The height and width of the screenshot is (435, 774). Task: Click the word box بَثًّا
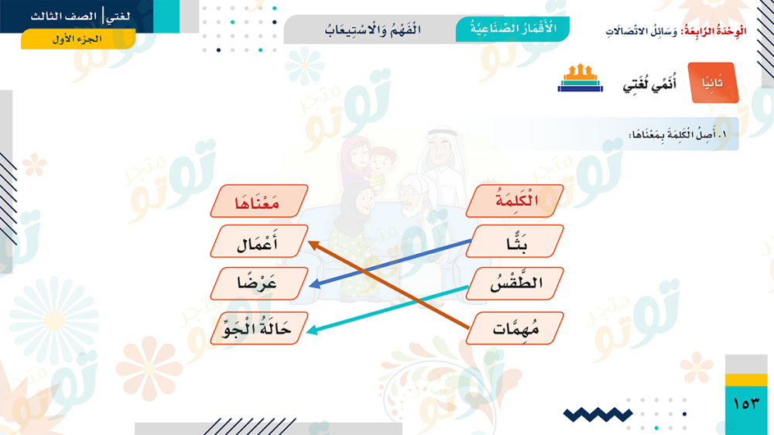click(x=515, y=241)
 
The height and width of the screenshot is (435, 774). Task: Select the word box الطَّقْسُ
click(x=515, y=283)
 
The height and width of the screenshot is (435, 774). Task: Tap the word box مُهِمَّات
click(x=515, y=328)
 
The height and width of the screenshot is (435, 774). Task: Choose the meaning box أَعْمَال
click(x=259, y=241)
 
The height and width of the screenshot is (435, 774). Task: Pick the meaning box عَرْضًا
click(x=259, y=283)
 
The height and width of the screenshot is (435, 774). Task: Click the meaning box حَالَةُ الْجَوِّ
click(x=259, y=328)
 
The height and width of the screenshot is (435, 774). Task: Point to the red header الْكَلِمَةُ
click(x=515, y=201)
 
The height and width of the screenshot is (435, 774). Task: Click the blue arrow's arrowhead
click(x=314, y=284)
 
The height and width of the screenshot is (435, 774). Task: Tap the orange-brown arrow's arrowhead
click(x=313, y=245)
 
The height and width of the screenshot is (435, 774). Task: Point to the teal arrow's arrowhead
click(x=313, y=330)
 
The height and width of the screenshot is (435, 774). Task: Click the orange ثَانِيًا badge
click(x=714, y=83)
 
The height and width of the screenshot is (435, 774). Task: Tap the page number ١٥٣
click(x=746, y=404)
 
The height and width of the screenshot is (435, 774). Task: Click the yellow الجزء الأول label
click(x=78, y=39)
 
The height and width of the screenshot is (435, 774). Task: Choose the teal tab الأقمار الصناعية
click(x=512, y=29)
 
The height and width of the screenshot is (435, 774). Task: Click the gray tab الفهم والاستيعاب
click(x=373, y=29)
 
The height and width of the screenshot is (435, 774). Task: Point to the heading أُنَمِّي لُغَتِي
click(x=649, y=84)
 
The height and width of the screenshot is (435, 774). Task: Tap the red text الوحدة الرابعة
click(x=714, y=31)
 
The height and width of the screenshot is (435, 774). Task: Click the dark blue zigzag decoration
click(x=598, y=415)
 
